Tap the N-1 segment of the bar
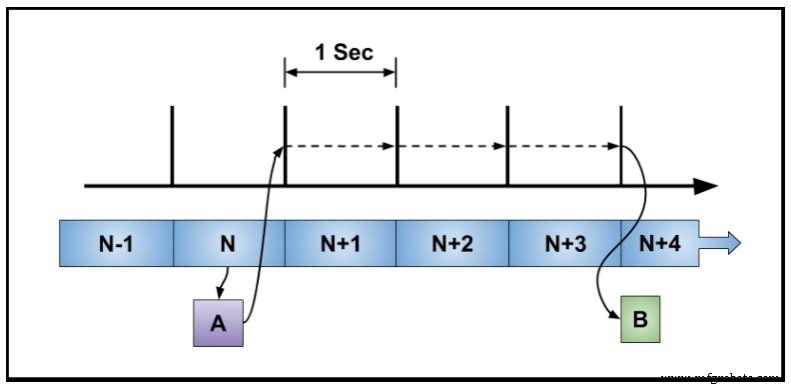[x=116, y=244]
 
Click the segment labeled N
[x=229, y=244]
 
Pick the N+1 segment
[x=341, y=244]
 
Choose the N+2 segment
[x=452, y=244]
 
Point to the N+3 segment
[x=564, y=244]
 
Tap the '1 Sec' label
[x=344, y=52]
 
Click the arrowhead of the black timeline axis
[x=707, y=186]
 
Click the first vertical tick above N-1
[x=173, y=145]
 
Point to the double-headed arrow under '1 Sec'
[x=341, y=72]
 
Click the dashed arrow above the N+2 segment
[x=452, y=146]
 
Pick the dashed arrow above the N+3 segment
[x=564, y=146]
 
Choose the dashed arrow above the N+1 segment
[x=341, y=146]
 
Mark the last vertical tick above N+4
[x=621, y=145]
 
